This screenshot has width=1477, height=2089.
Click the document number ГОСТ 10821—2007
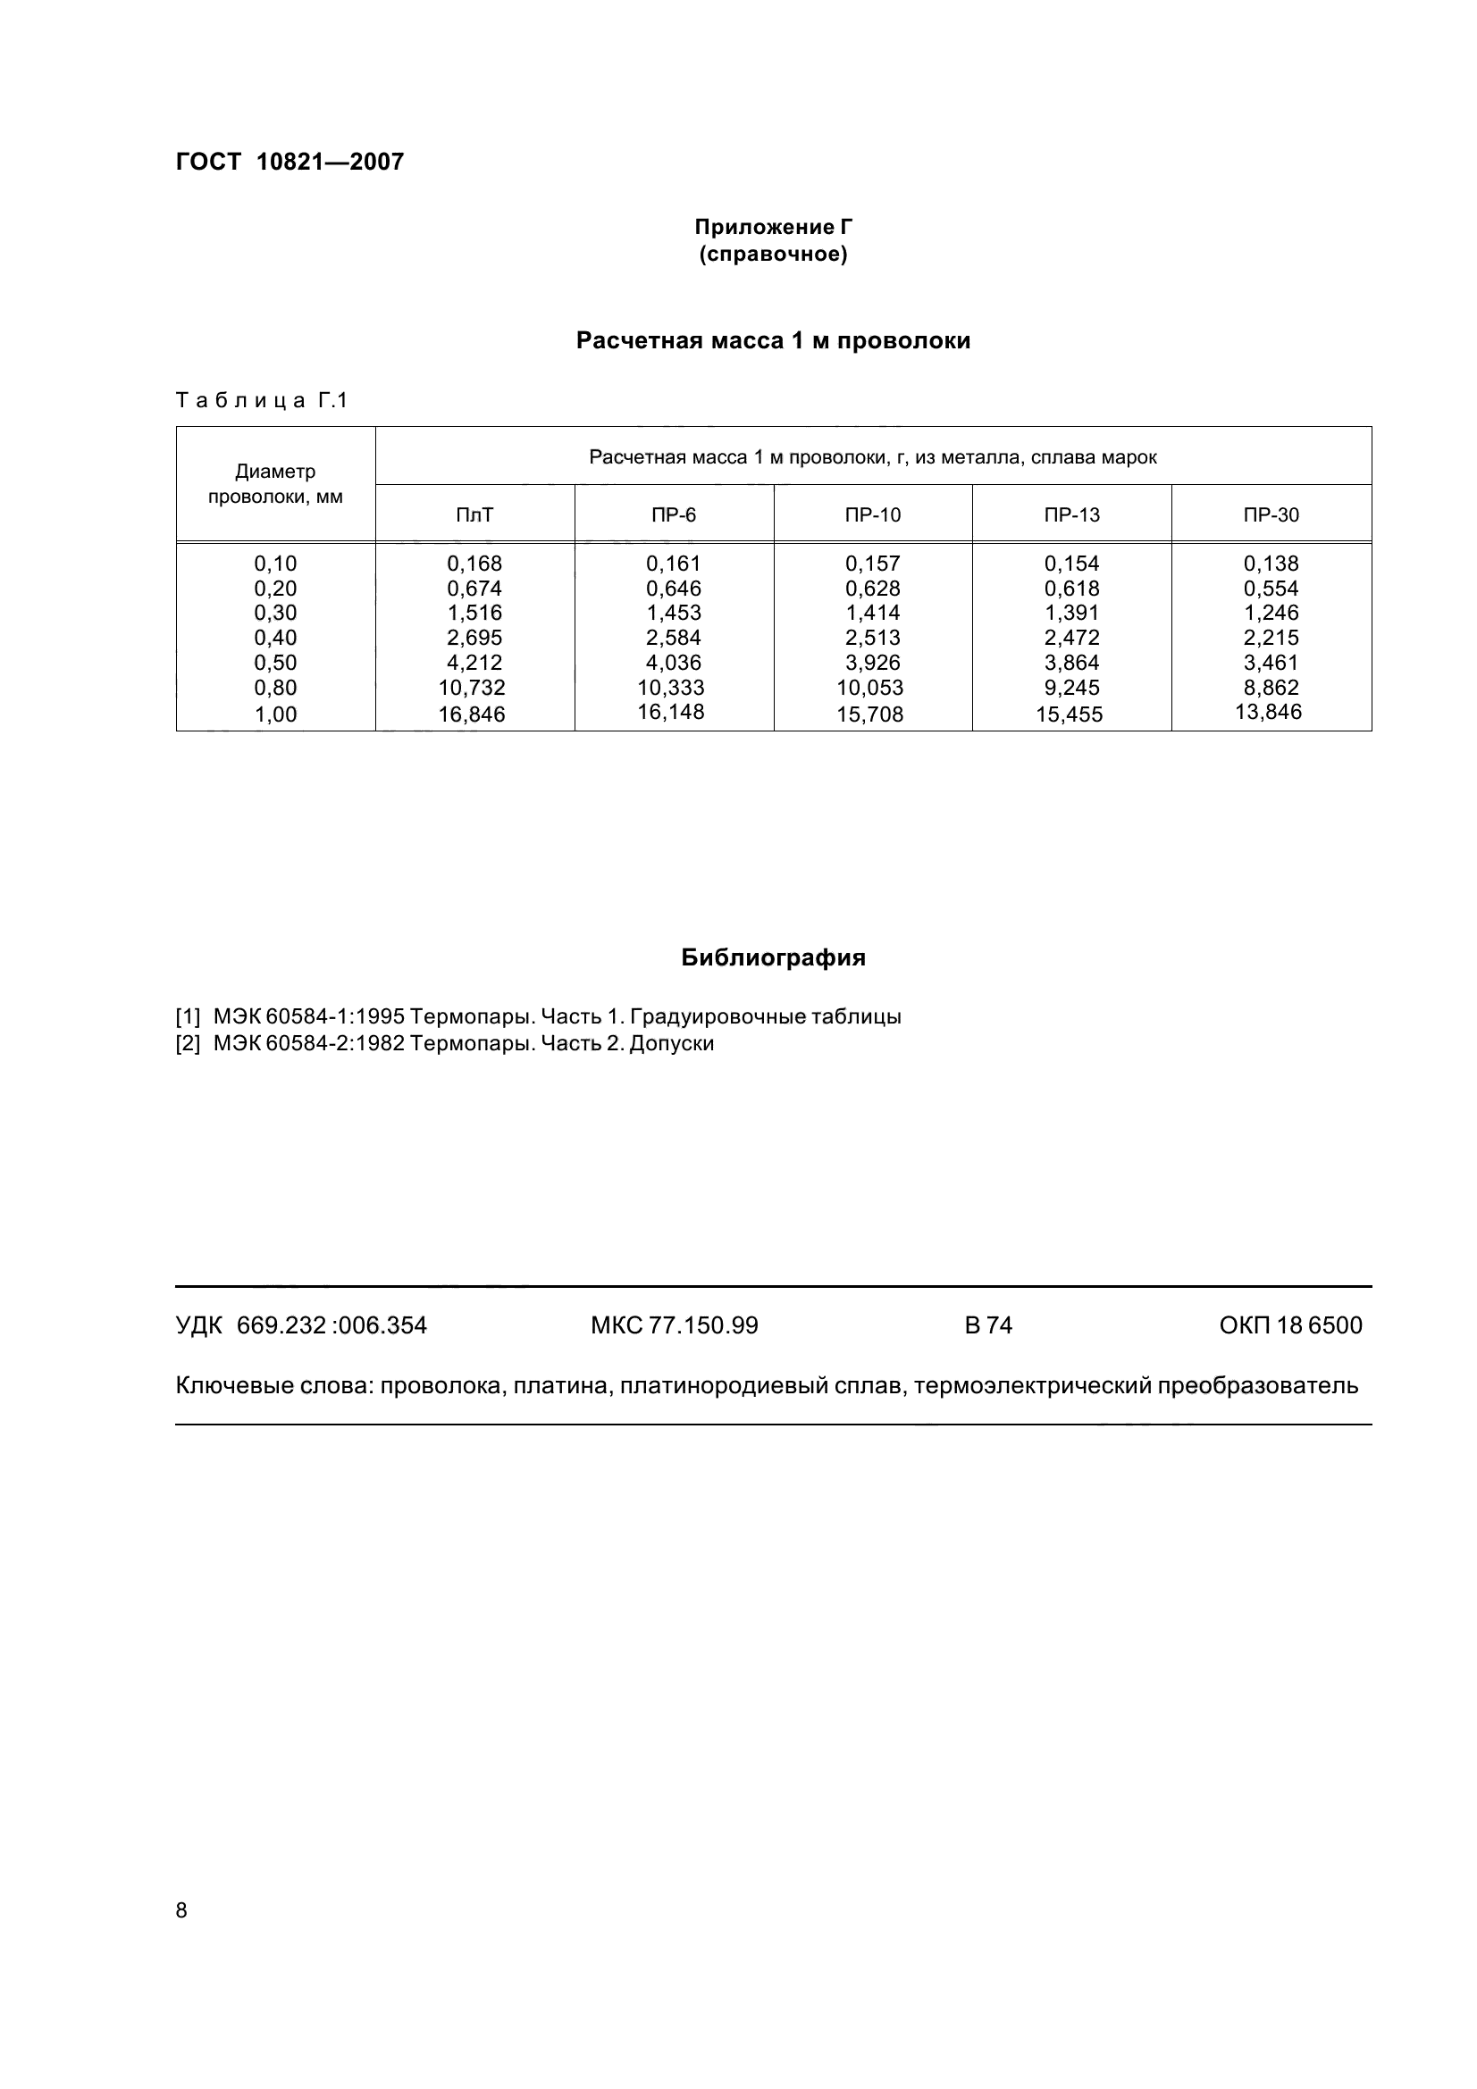click(290, 162)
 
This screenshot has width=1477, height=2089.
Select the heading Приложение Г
click(773, 227)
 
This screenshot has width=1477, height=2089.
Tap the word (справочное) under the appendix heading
click(773, 255)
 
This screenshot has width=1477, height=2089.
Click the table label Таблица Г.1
click(262, 400)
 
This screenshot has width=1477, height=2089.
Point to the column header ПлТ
click(474, 515)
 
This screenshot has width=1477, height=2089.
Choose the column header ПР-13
click(1071, 515)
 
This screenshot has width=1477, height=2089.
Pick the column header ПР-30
click(1271, 515)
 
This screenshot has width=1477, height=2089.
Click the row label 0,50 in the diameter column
click(275, 663)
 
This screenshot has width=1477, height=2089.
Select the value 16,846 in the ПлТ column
click(472, 714)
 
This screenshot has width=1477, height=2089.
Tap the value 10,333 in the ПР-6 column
click(671, 688)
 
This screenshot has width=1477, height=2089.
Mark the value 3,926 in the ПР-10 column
click(872, 663)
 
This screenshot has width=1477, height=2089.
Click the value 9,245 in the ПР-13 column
click(1071, 688)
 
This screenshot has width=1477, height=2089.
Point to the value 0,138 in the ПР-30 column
click(1271, 564)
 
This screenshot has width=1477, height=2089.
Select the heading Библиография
click(773, 957)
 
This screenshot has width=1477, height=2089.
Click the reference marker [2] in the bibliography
click(188, 1042)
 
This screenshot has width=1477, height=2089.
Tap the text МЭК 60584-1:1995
click(308, 1016)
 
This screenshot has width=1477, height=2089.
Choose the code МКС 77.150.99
click(674, 1324)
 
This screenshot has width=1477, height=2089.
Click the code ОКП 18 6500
click(1289, 1324)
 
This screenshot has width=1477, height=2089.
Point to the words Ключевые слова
click(273, 1386)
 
